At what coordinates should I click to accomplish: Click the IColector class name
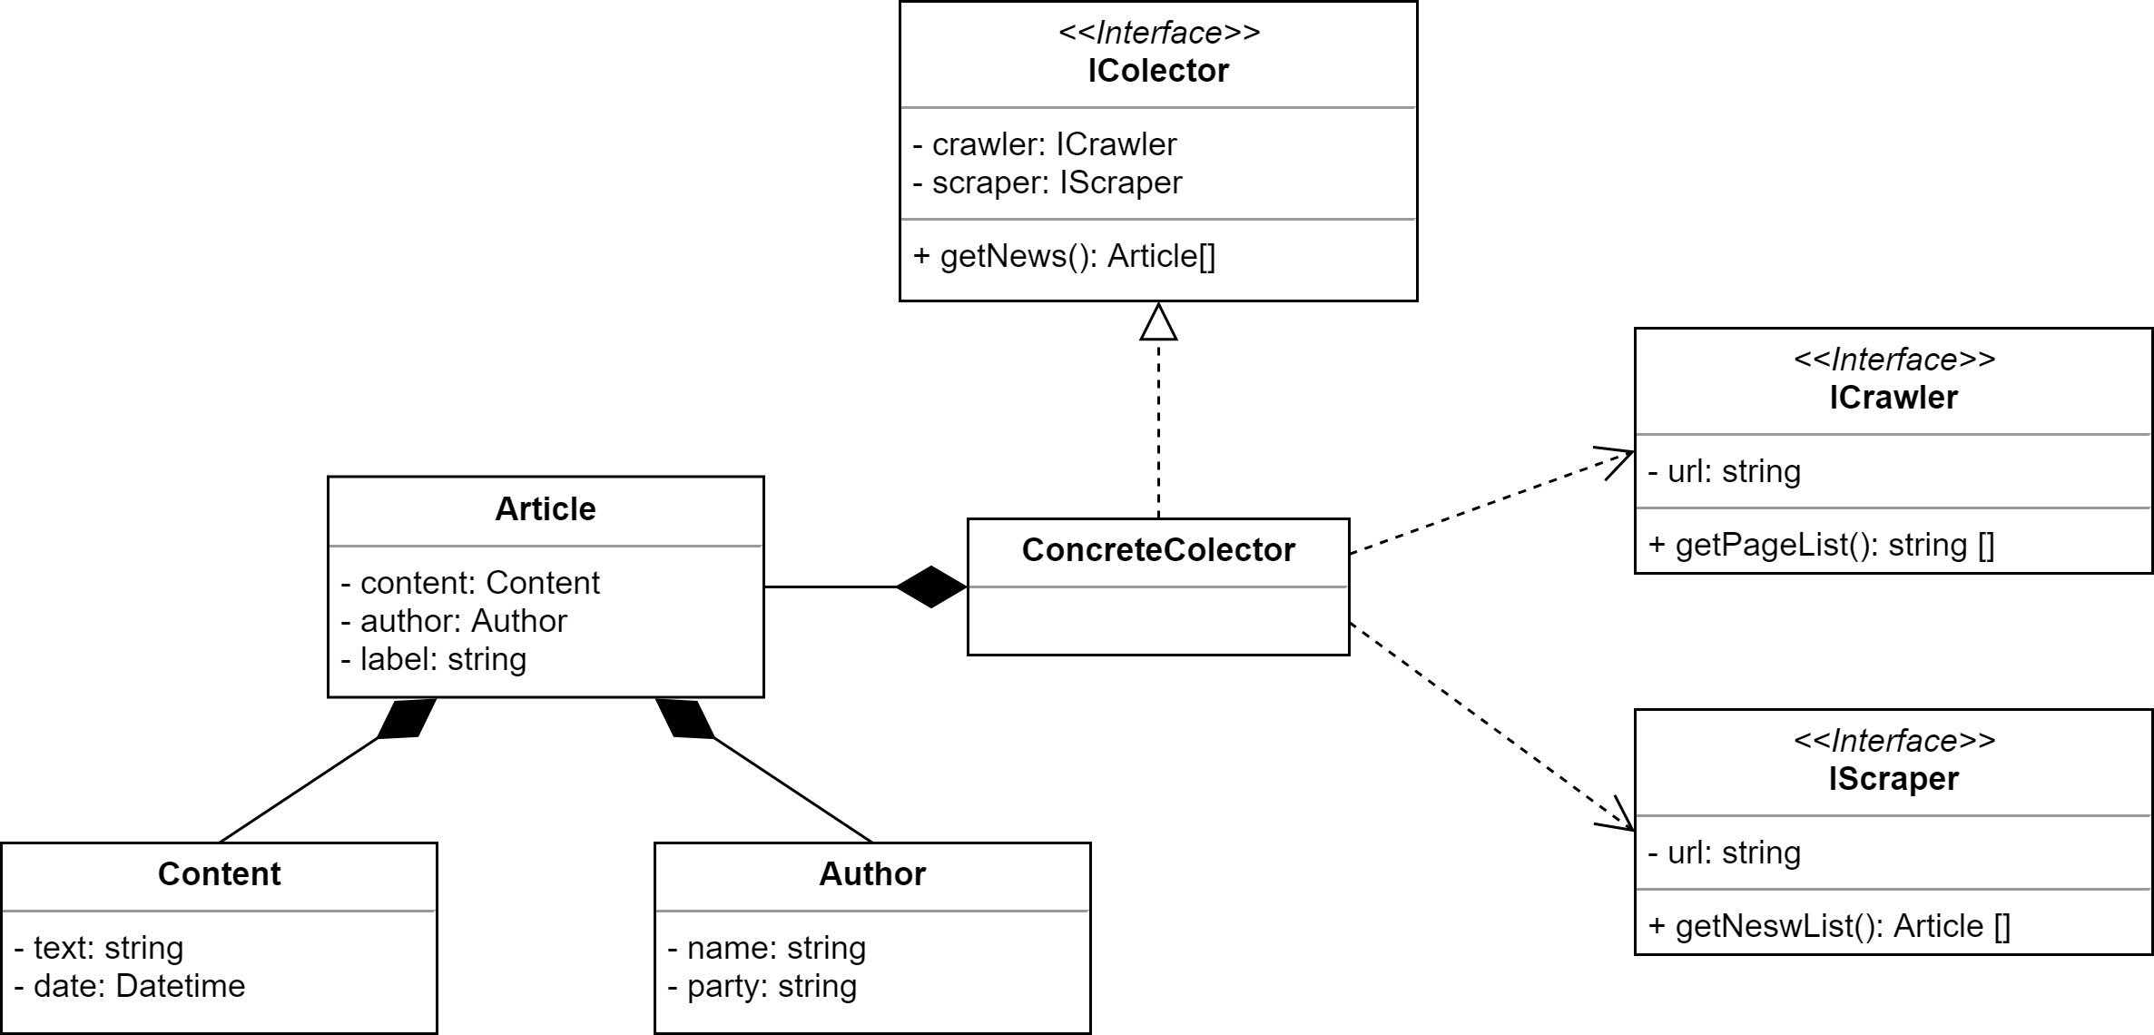tap(1157, 71)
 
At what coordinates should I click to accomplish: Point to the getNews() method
tap(1064, 257)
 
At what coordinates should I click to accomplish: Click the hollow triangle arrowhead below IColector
tap(1158, 322)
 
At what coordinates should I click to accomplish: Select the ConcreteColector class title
tap(1157, 550)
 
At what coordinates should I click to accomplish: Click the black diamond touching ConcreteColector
tap(932, 587)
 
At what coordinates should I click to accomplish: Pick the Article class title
tap(545, 509)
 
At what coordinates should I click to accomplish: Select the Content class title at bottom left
tap(219, 873)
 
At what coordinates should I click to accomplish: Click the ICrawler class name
tap(1893, 398)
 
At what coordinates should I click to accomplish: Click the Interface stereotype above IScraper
tap(1893, 741)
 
